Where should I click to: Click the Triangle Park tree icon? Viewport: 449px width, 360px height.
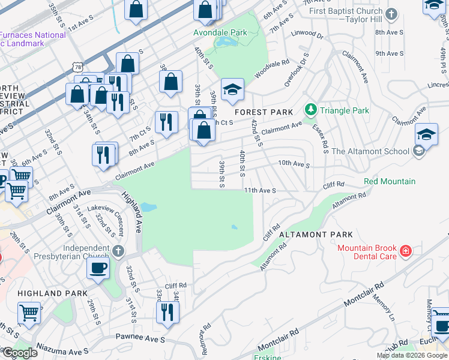click(311, 110)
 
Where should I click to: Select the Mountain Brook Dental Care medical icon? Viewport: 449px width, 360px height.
click(406, 251)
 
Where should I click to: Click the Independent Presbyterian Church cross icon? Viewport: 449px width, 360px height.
click(118, 250)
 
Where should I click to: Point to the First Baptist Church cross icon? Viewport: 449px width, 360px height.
click(391, 14)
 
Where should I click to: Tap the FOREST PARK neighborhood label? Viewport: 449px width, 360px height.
click(264, 112)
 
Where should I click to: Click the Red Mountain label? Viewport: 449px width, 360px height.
click(389, 181)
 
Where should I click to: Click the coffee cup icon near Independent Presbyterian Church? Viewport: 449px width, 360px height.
click(98, 268)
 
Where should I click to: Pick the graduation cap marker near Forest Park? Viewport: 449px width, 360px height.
click(232, 89)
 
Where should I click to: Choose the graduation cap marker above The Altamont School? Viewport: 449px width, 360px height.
click(426, 134)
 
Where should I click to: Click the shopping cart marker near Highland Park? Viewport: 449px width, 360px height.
click(29, 312)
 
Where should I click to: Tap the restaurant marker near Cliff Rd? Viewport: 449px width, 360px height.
click(167, 311)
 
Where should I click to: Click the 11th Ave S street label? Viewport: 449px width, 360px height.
click(259, 190)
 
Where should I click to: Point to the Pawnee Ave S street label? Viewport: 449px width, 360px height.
click(140, 339)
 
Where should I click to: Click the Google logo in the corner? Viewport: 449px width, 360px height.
click(20, 353)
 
